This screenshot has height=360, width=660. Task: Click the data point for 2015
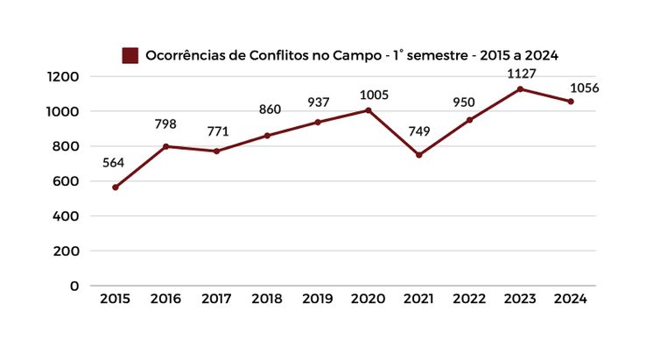coord(115,187)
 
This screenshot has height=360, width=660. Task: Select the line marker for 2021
coord(418,155)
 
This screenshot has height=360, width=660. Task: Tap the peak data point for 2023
coord(520,89)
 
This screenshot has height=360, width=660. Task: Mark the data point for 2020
coord(368,110)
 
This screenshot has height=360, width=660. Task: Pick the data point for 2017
coord(216,152)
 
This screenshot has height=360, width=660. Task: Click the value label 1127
coord(520,73)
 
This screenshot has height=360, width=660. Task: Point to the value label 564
coord(115,162)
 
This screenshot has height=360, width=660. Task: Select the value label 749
coord(418,131)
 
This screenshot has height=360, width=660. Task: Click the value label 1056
coord(584,88)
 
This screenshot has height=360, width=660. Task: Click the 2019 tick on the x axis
coord(318,299)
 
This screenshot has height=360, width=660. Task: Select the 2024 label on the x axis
coord(571,299)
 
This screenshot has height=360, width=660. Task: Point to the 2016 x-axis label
coord(165,299)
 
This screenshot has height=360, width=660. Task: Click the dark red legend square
coord(130,55)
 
